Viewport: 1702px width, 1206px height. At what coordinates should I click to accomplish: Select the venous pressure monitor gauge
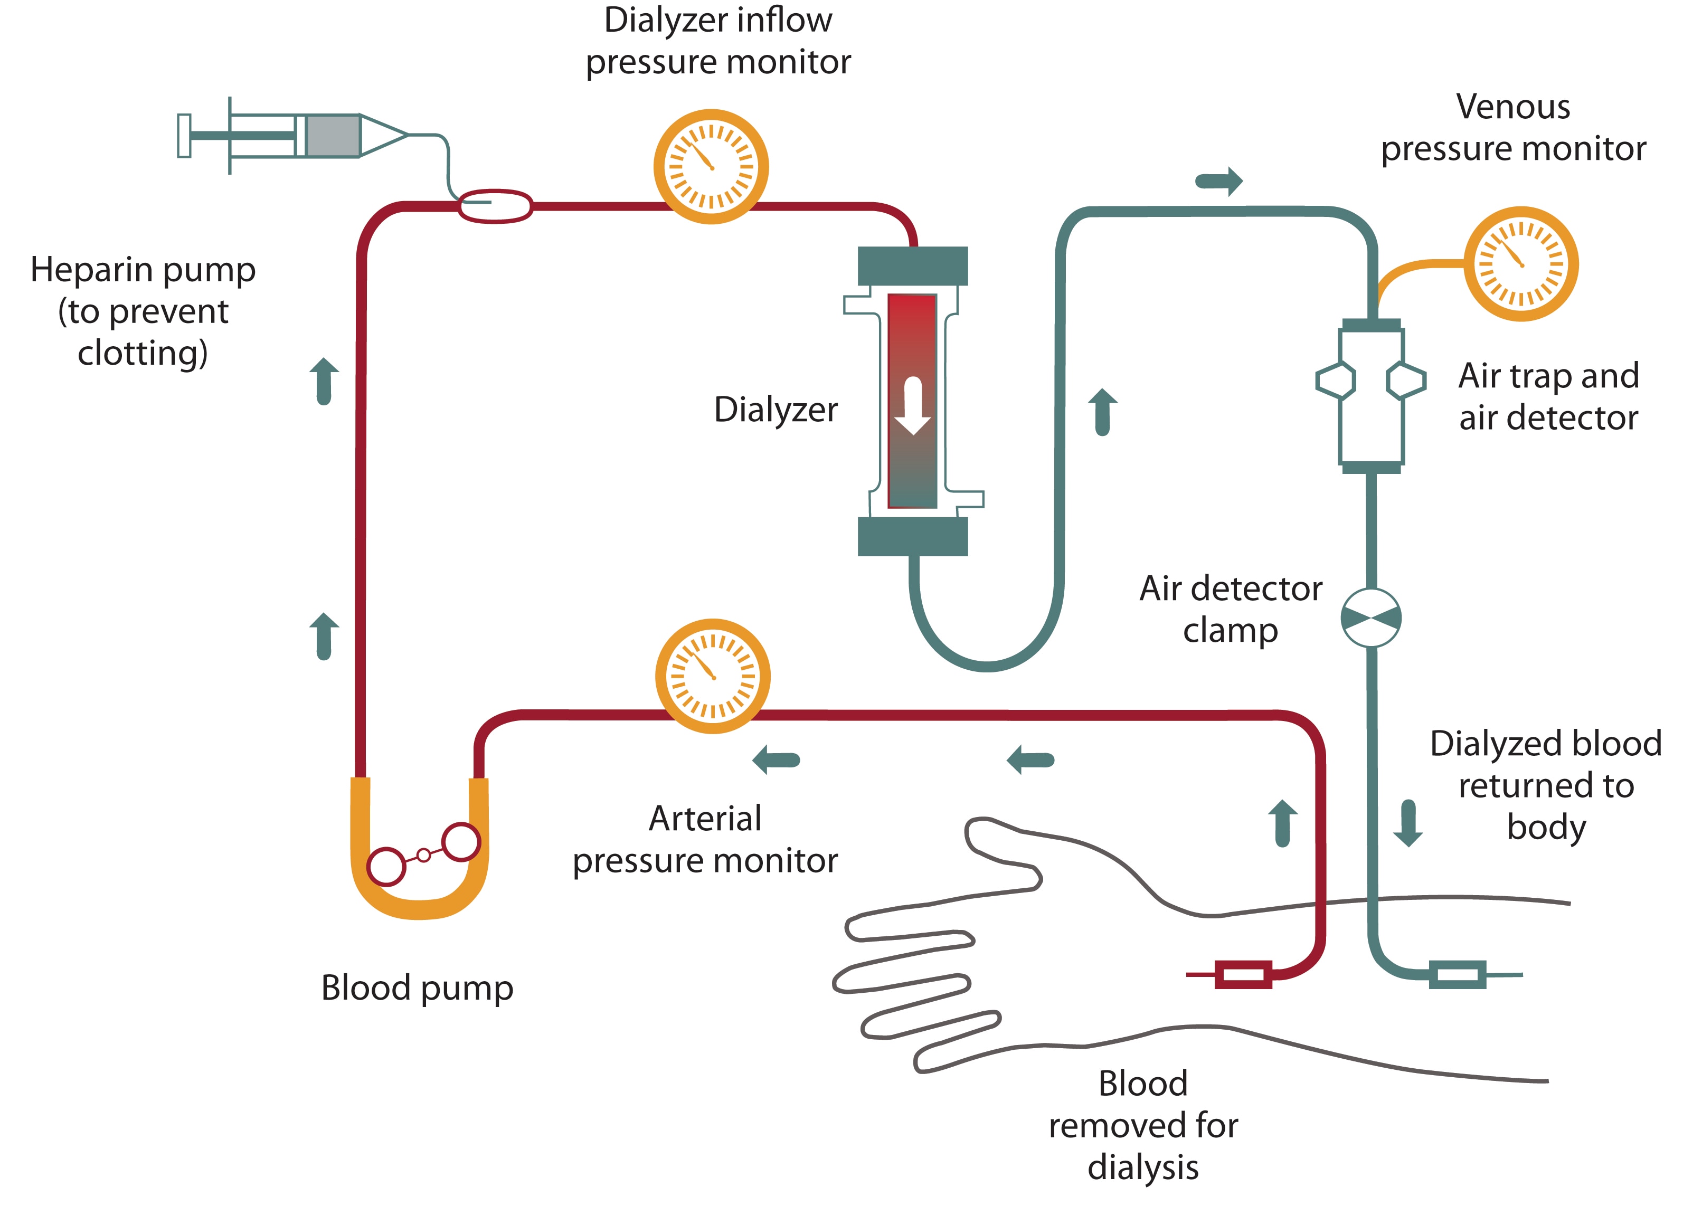pyautogui.click(x=1521, y=263)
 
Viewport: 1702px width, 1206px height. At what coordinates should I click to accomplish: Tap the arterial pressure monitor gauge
pyautogui.click(x=712, y=676)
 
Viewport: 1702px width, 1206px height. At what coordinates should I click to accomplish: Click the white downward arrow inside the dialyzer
pyautogui.click(x=913, y=405)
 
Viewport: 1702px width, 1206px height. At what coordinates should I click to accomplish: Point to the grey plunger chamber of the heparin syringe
pyautogui.click(x=333, y=135)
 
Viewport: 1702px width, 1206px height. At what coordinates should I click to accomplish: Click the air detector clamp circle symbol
pyautogui.click(x=1371, y=618)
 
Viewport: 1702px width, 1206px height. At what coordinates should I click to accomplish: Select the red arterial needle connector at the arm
pyautogui.click(x=1244, y=974)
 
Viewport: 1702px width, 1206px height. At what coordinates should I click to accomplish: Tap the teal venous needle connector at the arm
pyautogui.click(x=1458, y=974)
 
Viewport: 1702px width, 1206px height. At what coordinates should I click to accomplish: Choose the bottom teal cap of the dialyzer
pyautogui.click(x=913, y=536)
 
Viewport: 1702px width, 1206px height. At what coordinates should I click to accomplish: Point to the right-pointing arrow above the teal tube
pyautogui.click(x=1218, y=181)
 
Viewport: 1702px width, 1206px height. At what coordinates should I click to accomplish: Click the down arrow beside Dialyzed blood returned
pyautogui.click(x=1408, y=823)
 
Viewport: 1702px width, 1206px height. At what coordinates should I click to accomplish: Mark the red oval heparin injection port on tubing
pyautogui.click(x=495, y=206)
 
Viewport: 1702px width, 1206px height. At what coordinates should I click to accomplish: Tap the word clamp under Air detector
pyautogui.click(x=1231, y=631)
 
